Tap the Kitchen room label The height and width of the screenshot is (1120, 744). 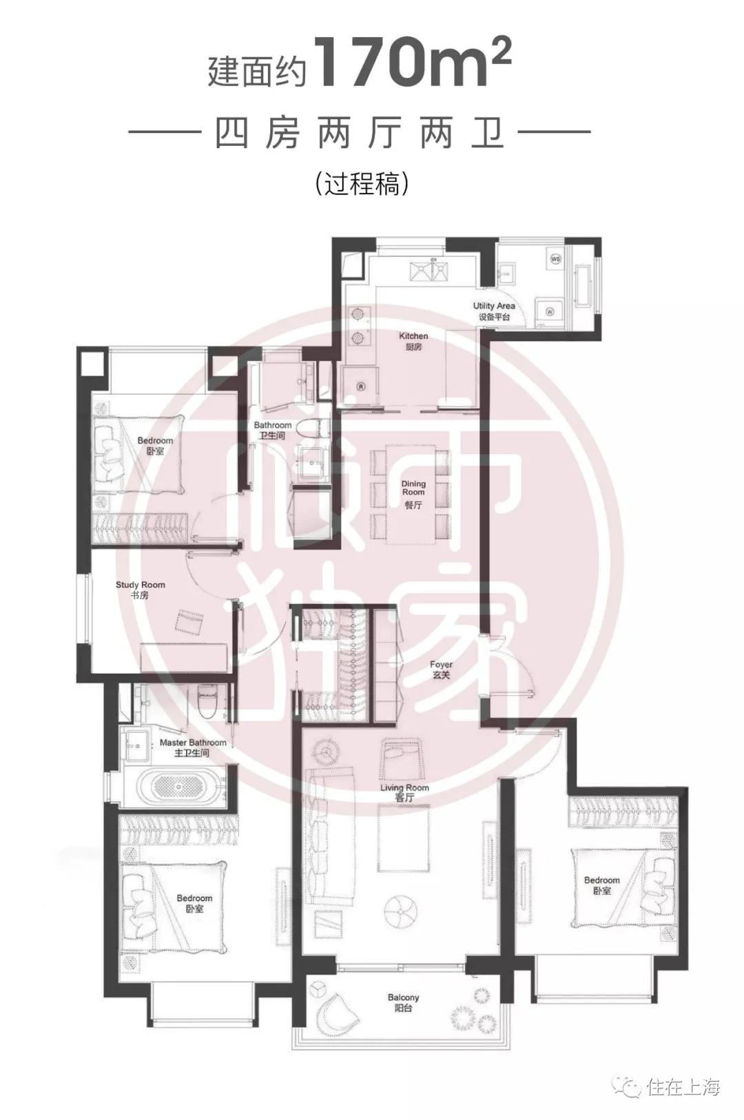413,341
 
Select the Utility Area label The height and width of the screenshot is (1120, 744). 494,311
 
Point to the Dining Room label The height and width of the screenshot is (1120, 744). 413,494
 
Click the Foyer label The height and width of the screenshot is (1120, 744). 440,670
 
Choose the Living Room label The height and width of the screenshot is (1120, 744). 404,793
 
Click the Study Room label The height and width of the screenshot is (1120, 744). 140,590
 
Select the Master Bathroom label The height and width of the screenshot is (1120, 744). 192,747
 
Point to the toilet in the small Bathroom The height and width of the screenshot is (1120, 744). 313,428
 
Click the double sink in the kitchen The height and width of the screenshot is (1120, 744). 428,271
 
